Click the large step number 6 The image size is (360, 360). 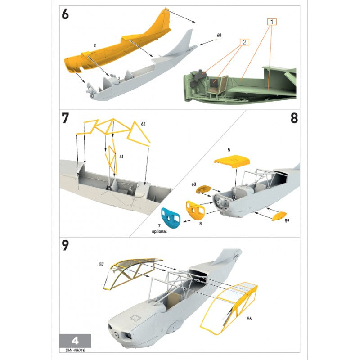click(x=65, y=14)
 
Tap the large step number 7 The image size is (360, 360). click(x=65, y=118)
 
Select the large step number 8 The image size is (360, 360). click(x=294, y=118)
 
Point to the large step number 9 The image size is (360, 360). click(x=65, y=245)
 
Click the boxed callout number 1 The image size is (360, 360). click(x=272, y=22)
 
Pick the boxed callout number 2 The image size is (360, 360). click(x=244, y=42)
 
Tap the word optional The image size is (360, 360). click(x=159, y=231)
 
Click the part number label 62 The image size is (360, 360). click(x=143, y=124)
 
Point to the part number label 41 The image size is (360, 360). click(x=121, y=157)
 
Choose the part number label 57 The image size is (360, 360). click(x=102, y=265)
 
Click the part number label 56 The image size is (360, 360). click(x=249, y=319)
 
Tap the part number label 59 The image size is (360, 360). click(x=287, y=221)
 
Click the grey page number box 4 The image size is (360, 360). click(x=75, y=341)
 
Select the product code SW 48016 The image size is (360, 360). click(x=75, y=351)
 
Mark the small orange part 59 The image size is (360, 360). click(x=279, y=216)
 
